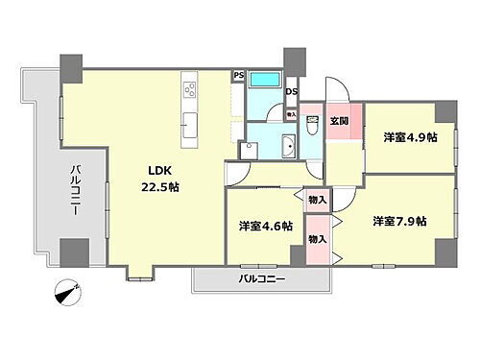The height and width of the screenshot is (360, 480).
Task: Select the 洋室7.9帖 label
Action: [399, 221]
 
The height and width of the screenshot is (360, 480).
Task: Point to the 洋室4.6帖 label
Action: [265, 227]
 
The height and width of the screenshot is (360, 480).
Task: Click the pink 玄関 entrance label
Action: [340, 121]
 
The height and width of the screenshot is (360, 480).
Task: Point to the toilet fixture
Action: [312, 126]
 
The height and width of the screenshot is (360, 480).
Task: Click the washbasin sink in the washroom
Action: [289, 146]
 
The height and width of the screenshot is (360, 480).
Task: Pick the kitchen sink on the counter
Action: [189, 124]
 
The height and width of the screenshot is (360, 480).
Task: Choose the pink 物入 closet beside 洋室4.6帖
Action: [317, 237]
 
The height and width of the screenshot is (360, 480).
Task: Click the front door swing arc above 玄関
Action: [338, 90]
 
